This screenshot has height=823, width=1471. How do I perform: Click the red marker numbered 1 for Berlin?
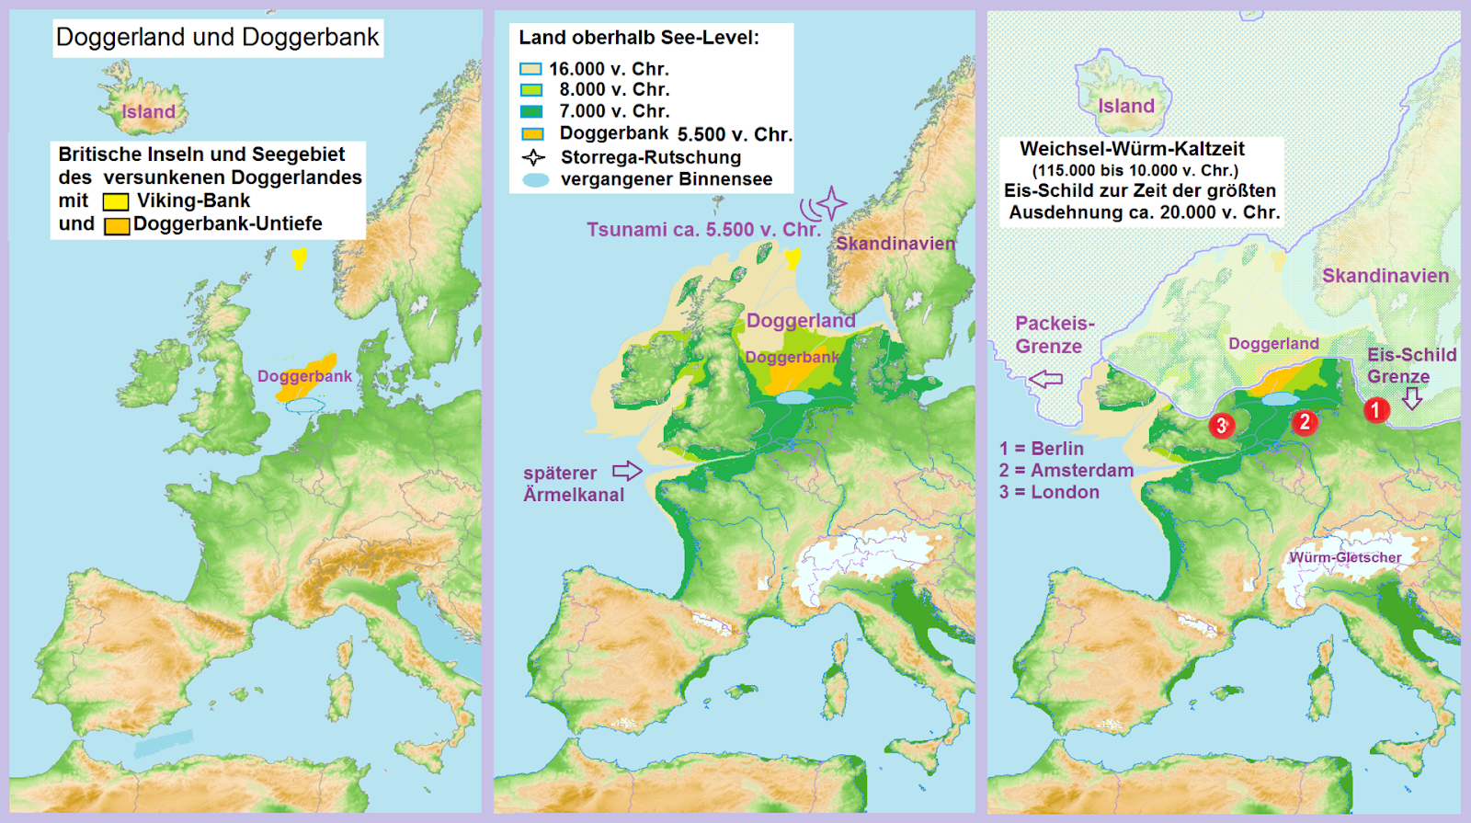pos(1375,409)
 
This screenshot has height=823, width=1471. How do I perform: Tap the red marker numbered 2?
pos(1304,422)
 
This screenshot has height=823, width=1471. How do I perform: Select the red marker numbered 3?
pos(1221,425)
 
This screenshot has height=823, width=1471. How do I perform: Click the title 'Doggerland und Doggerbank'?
pos(217,38)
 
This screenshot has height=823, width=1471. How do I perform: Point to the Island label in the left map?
pos(148,112)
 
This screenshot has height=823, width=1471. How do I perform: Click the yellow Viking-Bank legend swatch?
pos(116,201)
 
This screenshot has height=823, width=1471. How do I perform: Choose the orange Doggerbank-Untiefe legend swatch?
pos(117,225)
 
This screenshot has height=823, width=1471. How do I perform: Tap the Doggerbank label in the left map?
pos(304,376)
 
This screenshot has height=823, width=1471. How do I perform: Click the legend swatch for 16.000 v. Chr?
pos(530,69)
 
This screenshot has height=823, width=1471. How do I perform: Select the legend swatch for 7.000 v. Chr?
pos(530,111)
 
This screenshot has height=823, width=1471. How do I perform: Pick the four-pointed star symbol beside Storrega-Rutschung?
pos(533,157)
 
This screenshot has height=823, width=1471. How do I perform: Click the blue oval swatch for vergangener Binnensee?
pos(535,180)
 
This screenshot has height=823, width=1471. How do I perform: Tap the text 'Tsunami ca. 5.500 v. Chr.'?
pos(703,230)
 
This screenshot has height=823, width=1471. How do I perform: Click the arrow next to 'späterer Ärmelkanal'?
pos(627,471)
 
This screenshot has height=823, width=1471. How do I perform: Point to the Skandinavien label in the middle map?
pos(895,244)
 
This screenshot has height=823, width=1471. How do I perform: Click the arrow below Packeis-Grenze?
pos(1045,378)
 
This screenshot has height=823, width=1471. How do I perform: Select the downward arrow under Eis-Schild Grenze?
pos(1412,398)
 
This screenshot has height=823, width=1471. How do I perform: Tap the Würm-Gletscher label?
pos(1345,557)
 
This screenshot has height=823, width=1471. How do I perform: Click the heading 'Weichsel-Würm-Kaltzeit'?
pos(1132,149)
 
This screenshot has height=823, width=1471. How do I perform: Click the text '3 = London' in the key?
pos(1049,492)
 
